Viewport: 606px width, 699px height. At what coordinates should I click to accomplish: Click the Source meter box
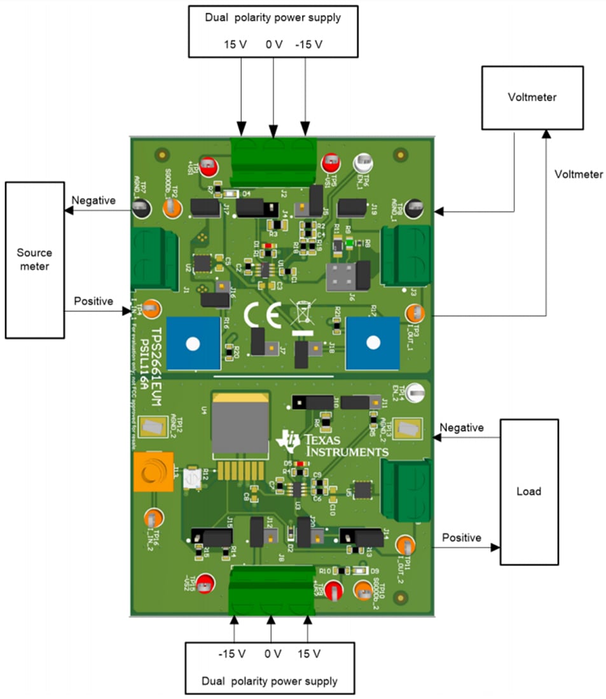34,259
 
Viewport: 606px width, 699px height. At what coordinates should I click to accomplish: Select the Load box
528,491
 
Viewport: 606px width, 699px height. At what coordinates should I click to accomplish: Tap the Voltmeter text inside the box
532,97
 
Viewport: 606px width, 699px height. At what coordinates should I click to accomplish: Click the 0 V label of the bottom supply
272,654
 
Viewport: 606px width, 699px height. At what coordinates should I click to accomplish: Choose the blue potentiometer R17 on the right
373,343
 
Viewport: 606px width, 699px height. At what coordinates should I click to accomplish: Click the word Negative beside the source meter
93,201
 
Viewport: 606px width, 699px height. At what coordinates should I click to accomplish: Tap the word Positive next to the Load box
462,538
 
